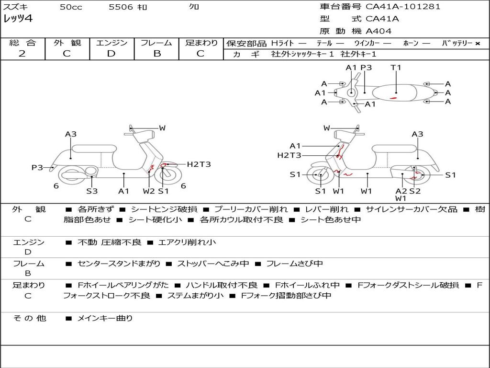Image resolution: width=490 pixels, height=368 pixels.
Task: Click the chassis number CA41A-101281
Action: click(403, 7)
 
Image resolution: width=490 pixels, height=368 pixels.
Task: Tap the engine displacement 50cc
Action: click(71, 7)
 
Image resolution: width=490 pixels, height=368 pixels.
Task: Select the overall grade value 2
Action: click(22, 54)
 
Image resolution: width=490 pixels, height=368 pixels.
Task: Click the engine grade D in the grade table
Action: click(111, 54)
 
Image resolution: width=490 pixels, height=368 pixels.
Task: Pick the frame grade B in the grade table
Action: click(156, 54)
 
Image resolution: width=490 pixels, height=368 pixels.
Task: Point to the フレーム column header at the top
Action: click(156, 43)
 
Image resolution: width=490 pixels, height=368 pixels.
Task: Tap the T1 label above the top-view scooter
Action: click(396, 68)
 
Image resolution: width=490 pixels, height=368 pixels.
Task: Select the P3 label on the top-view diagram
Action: click(366, 68)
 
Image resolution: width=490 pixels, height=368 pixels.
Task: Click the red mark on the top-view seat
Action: click(393, 98)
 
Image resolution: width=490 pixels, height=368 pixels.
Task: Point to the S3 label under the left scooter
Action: click(92, 191)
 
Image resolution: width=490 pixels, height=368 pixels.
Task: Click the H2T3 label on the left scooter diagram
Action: click(199, 164)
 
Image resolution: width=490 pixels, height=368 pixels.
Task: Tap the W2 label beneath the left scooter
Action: click(149, 191)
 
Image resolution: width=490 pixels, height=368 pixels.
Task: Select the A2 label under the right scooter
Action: click(401, 191)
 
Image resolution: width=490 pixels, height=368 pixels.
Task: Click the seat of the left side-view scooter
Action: click(94, 149)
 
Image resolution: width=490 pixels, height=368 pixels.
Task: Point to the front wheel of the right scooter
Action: click(320, 176)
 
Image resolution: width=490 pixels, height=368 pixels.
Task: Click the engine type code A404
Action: click(379, 31)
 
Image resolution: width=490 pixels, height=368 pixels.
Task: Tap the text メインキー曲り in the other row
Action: click(105, 318)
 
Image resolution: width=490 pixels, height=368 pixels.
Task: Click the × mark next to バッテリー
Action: click(477, 44)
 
